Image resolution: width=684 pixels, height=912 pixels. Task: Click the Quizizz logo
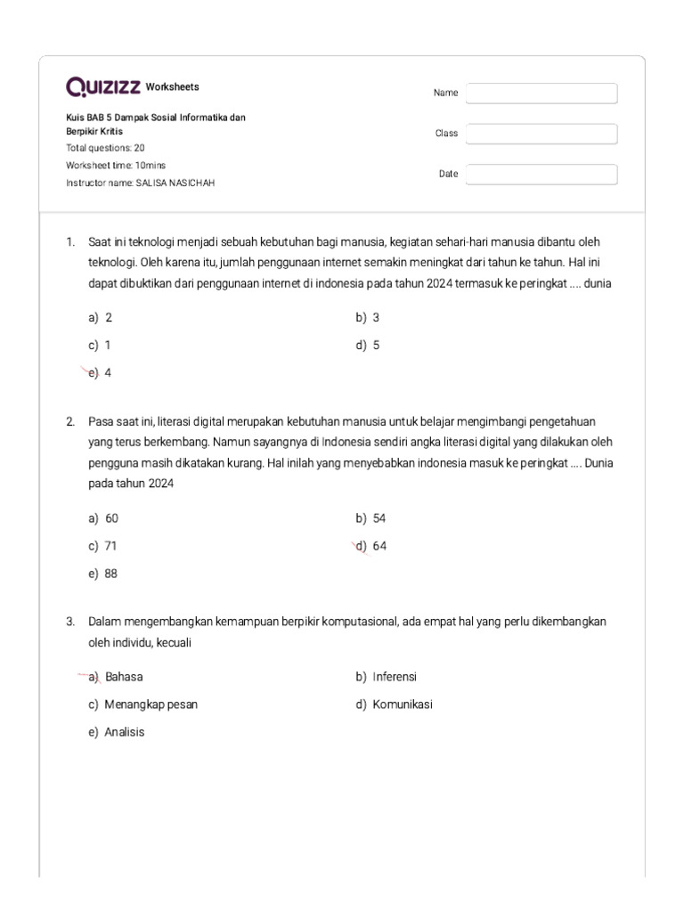[x=102, y=87]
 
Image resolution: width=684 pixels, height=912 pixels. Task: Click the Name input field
[x=541, y=93]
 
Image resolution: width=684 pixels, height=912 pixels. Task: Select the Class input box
[x=541, y=134]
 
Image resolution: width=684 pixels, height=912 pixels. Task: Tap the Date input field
[x=541, y=174]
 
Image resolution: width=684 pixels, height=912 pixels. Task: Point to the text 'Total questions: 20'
[x=105, y=149]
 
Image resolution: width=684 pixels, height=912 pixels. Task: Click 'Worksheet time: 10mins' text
[x=116, y=166]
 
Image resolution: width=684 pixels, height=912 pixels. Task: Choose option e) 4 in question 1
[x=100, y=373]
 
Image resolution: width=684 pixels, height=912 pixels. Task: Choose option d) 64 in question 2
[x=371, y=546]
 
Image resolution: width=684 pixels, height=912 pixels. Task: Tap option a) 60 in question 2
[x=103, y=517]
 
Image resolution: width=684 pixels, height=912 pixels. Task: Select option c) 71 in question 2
[x=103, y=546]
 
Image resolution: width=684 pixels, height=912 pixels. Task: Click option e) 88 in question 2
[x=103, y=574]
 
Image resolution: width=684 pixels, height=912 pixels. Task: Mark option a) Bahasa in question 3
[x=117, y=676]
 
